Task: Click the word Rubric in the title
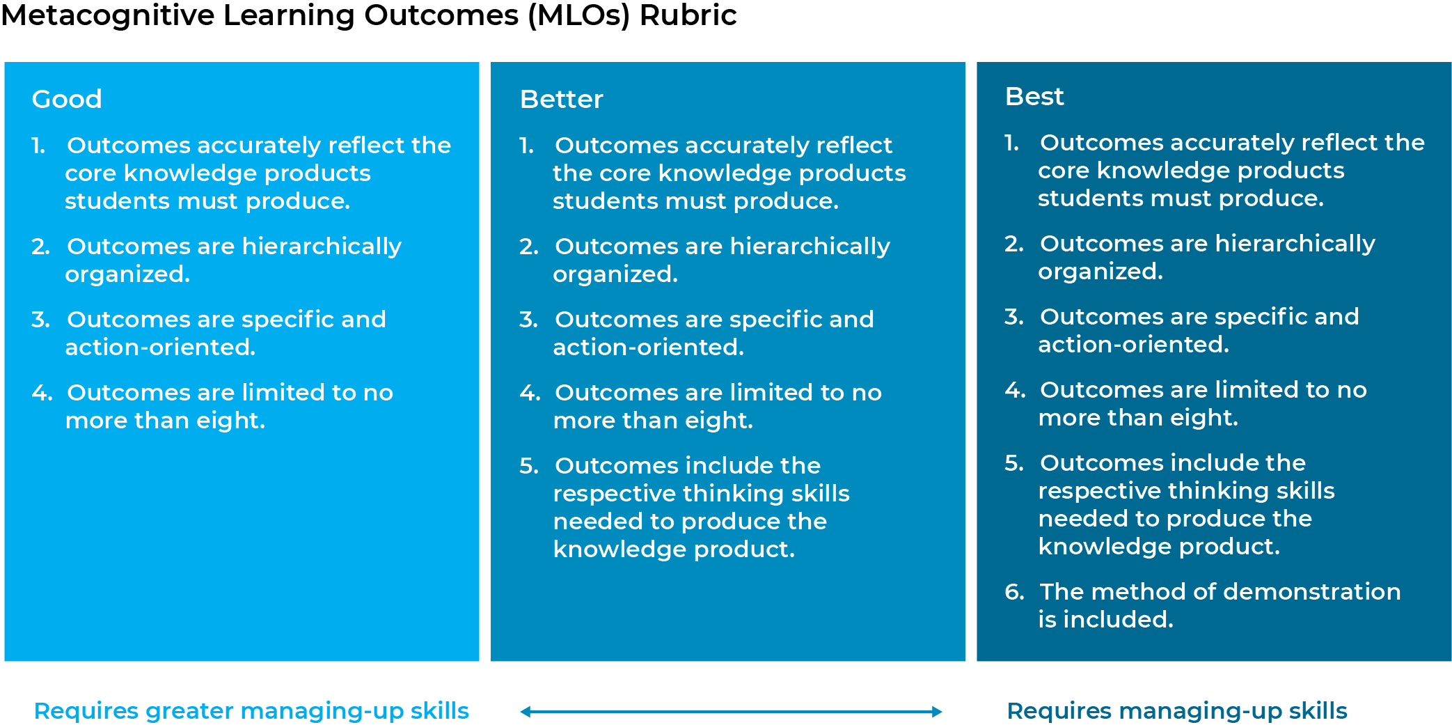pyautogui.click(x=688, y=15)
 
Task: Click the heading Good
pyautogui.click(x=67, y=99)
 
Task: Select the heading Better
pyautogui.click(x=561, y=99)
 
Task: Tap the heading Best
pyautogui.click(x=1034, y=96)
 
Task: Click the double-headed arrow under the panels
pyautogui.click(x=731, y=711)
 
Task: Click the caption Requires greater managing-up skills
pyautogui.click(x=251, y=711)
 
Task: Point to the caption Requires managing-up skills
pyautogui.click(x=1177, y=711)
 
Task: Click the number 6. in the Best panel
pyautogui.click(x=1014, y=592)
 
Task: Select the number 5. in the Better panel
pyautogui.click(x=529, y=466)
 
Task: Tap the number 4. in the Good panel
pyautogui.click(x=42, y=393)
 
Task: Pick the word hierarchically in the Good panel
pyautogui.click(x=322, y=247)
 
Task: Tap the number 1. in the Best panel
pyautogui.click(x=1011, y=143)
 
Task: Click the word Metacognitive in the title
pyautogui.click(x=108, y=15)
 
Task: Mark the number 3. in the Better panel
pyautogui.click(x=528, y=320)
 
